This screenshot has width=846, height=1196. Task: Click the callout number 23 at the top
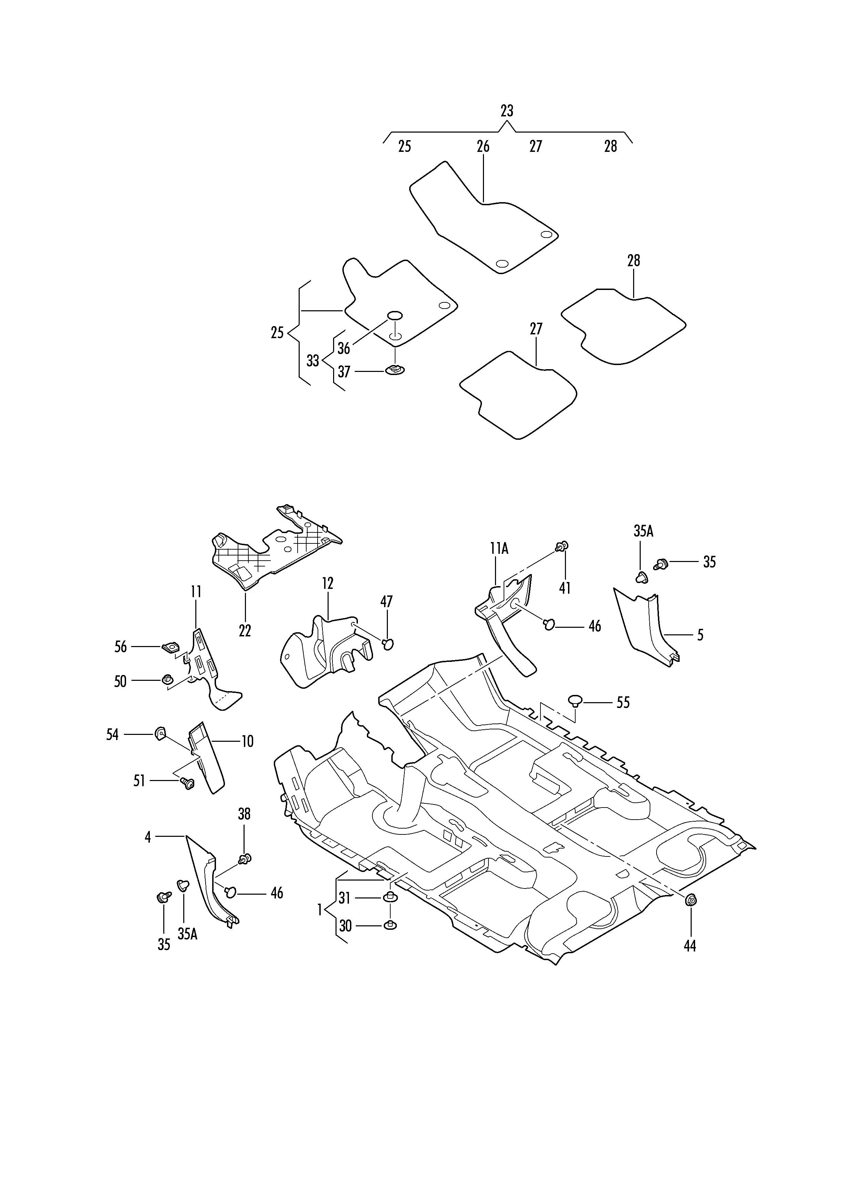pyautogui.click(x=506, y=111)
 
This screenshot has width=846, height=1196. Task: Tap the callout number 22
pyautogui.click(x=245, y=631)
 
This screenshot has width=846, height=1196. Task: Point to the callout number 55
pyautogui.click(x=623, y=703)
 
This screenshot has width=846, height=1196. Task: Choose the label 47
pyautogui.click(x=386, y=602)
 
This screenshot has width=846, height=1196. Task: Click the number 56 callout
pyautogui.click(x=120, y=647)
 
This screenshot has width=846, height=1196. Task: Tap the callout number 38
pyautogui.click(x=244, y=814)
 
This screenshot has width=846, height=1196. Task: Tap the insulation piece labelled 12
pyautogui.click(x=323, y=651)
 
